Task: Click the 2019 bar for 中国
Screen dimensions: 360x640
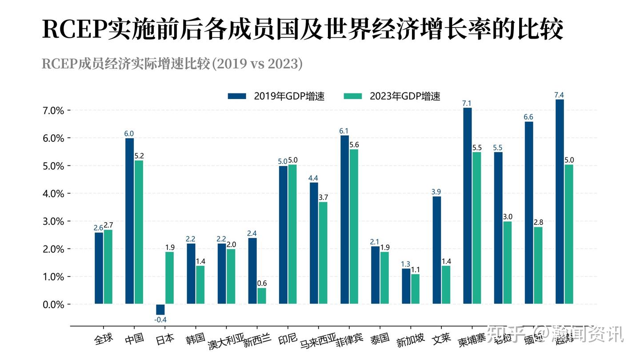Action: pos(129,221)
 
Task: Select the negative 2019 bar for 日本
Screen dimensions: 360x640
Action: pos(160,309)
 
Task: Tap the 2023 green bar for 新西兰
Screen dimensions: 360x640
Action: pos(262,296)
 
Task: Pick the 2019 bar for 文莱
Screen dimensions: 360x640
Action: pos(437,250)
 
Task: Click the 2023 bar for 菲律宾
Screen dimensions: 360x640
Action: pos(354,227)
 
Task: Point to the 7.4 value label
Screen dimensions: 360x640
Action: pos(559,95)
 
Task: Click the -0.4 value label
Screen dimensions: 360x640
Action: pos(160,320)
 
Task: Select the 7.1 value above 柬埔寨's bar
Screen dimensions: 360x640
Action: pos(467,104)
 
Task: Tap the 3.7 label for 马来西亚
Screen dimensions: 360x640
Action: pos(323,197)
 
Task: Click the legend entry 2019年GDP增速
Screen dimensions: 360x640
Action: pos(276,96)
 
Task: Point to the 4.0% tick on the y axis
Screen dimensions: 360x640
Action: pos(53,194)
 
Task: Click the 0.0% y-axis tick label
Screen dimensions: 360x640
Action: pos(53,304)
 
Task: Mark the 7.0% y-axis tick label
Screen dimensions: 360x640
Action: pos(53,110)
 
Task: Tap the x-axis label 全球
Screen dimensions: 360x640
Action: pos(104,339)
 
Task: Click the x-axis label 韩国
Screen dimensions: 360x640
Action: pos(196,339)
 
